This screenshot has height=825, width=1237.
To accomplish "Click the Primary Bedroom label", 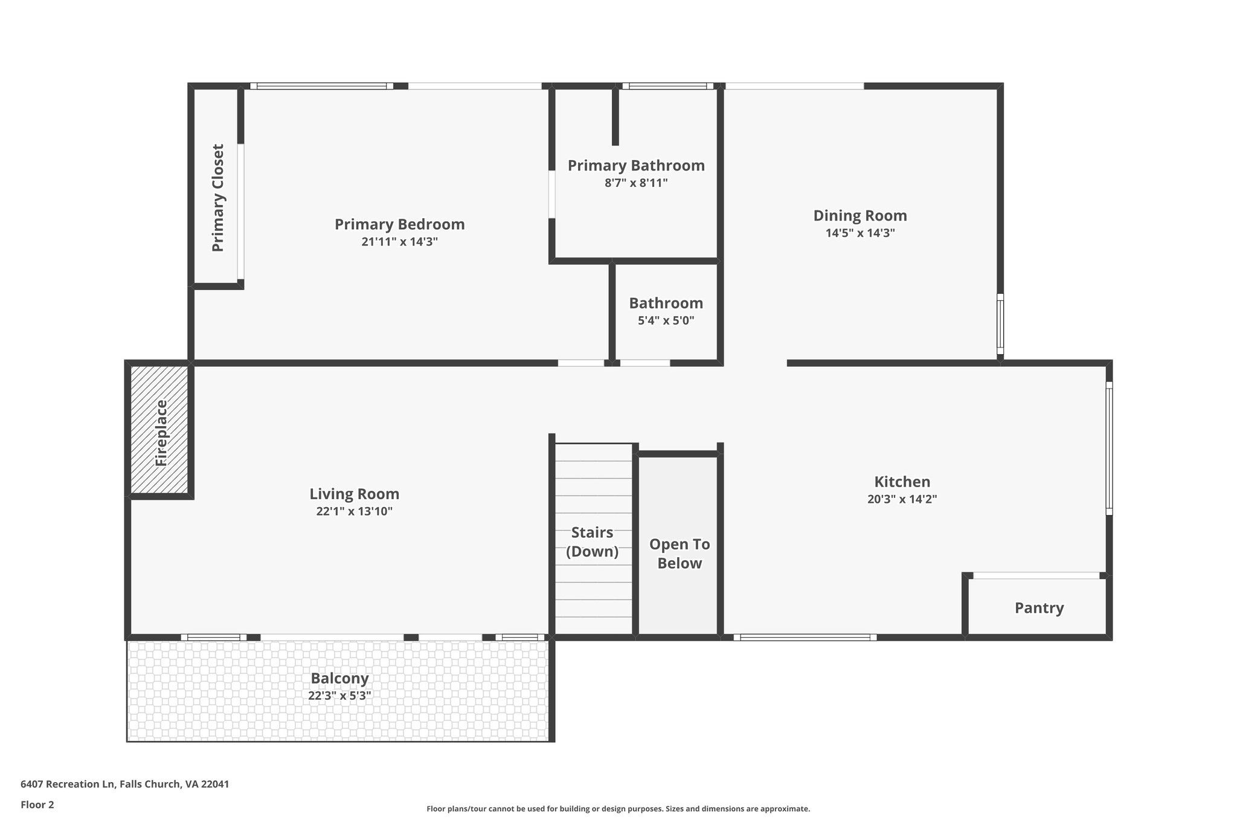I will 399,224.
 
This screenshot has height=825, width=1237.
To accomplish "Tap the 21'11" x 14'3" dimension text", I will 399,242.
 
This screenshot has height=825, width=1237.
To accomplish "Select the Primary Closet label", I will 218,198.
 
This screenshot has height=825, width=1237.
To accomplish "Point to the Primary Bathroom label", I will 636,166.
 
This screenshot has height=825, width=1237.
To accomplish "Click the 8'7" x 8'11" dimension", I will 636,183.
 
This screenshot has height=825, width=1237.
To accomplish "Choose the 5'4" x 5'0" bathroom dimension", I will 666,320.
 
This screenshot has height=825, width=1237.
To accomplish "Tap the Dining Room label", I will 859,216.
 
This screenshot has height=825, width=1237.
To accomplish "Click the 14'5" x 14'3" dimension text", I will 859,233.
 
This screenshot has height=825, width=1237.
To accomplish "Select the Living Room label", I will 354,494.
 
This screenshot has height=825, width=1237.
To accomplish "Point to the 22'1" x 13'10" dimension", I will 354,511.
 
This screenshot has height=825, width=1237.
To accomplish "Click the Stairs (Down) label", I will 592,542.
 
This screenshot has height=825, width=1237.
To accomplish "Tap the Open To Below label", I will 679,554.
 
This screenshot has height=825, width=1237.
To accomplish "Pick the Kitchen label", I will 902,482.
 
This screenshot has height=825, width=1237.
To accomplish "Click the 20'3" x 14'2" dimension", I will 902,499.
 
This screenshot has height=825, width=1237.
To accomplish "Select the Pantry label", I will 1039,608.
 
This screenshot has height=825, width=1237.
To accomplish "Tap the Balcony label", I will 339,678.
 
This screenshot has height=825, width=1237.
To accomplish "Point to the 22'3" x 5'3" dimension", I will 339,696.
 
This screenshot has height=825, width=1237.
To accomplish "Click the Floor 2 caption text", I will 37,804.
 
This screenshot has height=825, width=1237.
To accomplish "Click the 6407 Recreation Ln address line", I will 124,784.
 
